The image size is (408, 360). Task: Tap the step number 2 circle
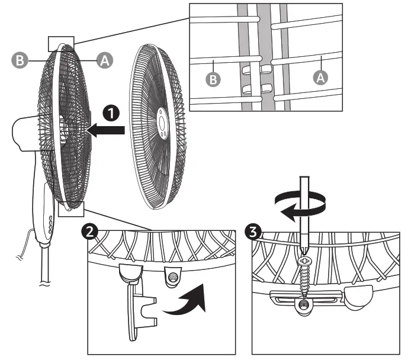90,232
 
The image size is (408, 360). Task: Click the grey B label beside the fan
19,59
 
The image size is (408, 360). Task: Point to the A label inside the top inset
320,76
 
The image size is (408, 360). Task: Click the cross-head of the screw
304,260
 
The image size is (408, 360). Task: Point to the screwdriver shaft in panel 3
304,213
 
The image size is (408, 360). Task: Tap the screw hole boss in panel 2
173,275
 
